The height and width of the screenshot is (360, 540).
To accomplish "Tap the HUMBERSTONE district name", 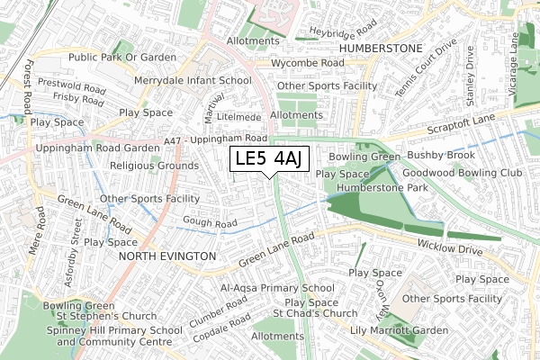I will point(381,47).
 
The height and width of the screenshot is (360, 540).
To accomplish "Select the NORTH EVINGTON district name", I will point(167,256).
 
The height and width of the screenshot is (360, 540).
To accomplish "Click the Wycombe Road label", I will point(308,64).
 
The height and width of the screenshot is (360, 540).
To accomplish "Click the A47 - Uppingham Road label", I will point(216,139).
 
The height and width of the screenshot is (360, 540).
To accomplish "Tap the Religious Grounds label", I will point(154,166).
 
